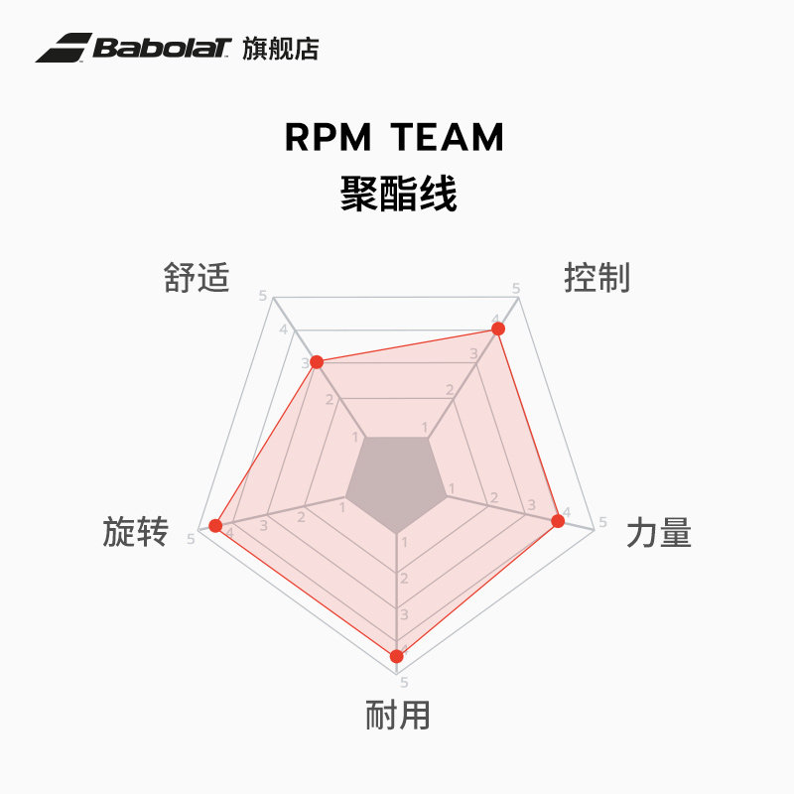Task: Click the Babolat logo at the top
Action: [135, 48]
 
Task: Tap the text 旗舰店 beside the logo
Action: [281, 49]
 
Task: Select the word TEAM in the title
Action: [448, 138]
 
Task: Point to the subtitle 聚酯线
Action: [397, 193]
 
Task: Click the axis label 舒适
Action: [197, 278]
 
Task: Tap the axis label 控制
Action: [596, 278]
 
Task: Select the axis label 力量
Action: [659, 534]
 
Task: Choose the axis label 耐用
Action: [397, 715]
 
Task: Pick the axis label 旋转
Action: [135, 533]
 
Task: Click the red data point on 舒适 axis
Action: [317, 362]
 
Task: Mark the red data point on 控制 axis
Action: [498, 329]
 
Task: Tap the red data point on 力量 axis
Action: [557, 520]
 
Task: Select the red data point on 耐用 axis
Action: [397, 655]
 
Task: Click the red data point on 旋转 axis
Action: [215, 524]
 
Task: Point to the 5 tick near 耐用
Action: [404, 682]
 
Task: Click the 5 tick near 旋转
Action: [191, 539]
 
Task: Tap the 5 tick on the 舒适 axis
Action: [263, 296]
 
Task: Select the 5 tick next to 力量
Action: [601, 524]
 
